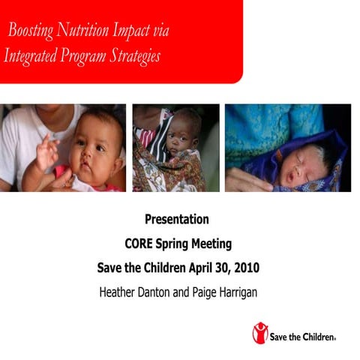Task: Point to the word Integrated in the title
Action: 31,57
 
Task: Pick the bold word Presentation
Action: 177,220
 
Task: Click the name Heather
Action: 120,291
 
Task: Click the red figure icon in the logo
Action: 260,333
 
